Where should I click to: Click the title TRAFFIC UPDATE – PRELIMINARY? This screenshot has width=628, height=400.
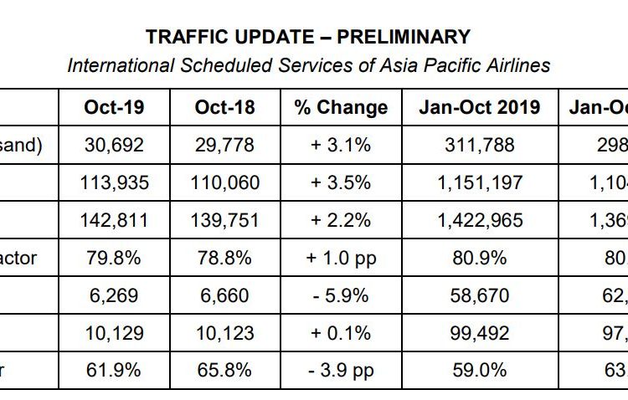point(308,37)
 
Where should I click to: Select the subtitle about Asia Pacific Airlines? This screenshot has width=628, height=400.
point(308,64)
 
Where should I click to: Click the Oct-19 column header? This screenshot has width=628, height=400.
point(114,107)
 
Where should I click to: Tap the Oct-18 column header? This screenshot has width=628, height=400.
point(224,107)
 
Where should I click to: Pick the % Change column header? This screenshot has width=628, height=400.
point(341,107)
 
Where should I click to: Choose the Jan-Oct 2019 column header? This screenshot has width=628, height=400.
point(480,107)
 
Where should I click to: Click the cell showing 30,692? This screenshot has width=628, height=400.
point(114,145)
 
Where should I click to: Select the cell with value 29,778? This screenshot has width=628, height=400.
point(224,145)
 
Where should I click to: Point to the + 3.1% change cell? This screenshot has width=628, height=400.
point(341,145)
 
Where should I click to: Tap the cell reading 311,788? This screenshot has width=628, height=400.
point(480,145)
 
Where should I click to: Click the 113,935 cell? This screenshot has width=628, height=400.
point(114,182)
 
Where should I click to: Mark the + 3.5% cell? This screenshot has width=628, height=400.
point(341,182)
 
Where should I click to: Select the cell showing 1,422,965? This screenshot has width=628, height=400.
point(480,220)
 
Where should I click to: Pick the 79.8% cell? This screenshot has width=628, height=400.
point(114,258)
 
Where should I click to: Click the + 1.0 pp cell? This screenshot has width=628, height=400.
point(341,258)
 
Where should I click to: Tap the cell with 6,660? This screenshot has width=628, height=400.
point(224,295)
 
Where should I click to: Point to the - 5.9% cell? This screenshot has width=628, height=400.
point(341,295)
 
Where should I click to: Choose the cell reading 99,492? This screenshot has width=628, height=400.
point(480,333)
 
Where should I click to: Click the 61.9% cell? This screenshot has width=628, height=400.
point(114,371)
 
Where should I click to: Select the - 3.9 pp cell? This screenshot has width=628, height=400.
point(341,371)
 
